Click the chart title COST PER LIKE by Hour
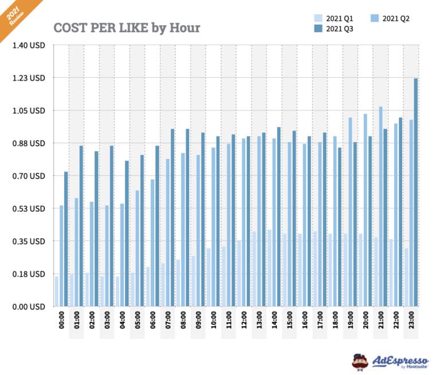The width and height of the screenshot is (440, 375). [x=127, y=27]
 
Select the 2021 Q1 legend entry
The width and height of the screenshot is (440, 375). [x=339, y=18]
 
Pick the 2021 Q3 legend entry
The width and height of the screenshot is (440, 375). [x=339, y=29]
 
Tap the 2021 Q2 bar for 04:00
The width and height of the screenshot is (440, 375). [x=122, y=255]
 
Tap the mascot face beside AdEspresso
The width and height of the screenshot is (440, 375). [x=360, y=361]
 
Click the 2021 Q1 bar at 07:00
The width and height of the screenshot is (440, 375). [x=163, y=285]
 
